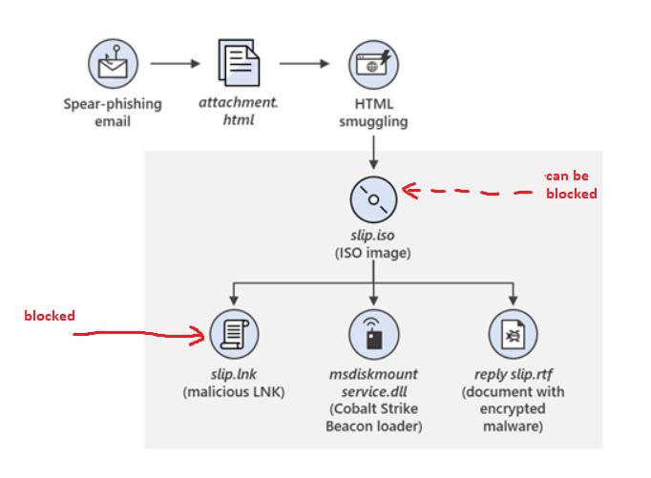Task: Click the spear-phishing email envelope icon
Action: pyautogui.click(x=114, y=64)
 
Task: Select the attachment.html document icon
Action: pyautogui.click(x=239, y=64)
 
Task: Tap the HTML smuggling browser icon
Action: pyautogui.click(x=373, y=64)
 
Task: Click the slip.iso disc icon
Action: pyautogui.click(x=373, y=200)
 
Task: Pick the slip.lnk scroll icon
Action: pyautogui.click(x=234, y=334)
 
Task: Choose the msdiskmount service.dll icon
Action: pyautogui.click(x=373, y=334)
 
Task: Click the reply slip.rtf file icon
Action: pyautogui.click(x=513, y=334)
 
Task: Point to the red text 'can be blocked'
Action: pyautogui.click(x=571, y=185)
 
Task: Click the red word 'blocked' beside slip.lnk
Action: pyautogui.click(x=49, y=315)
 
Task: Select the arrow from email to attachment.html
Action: pyautogui.click(x=176, y=64)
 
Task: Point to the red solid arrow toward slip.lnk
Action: pyautogui.click(x=143, y=334)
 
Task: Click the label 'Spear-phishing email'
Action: pyautogui.click(x=113, y=113)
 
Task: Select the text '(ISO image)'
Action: pyautogui.click(x=373, y=253)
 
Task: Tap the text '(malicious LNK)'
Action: pyautogui.click(x=234, y=392)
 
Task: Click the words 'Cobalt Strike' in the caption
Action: pyautogui.click(x=373, y=409)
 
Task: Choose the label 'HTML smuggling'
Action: pyautogui.click(x=373, y=113)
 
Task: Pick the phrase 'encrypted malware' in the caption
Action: pyautogui.click(x=513, y=418)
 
